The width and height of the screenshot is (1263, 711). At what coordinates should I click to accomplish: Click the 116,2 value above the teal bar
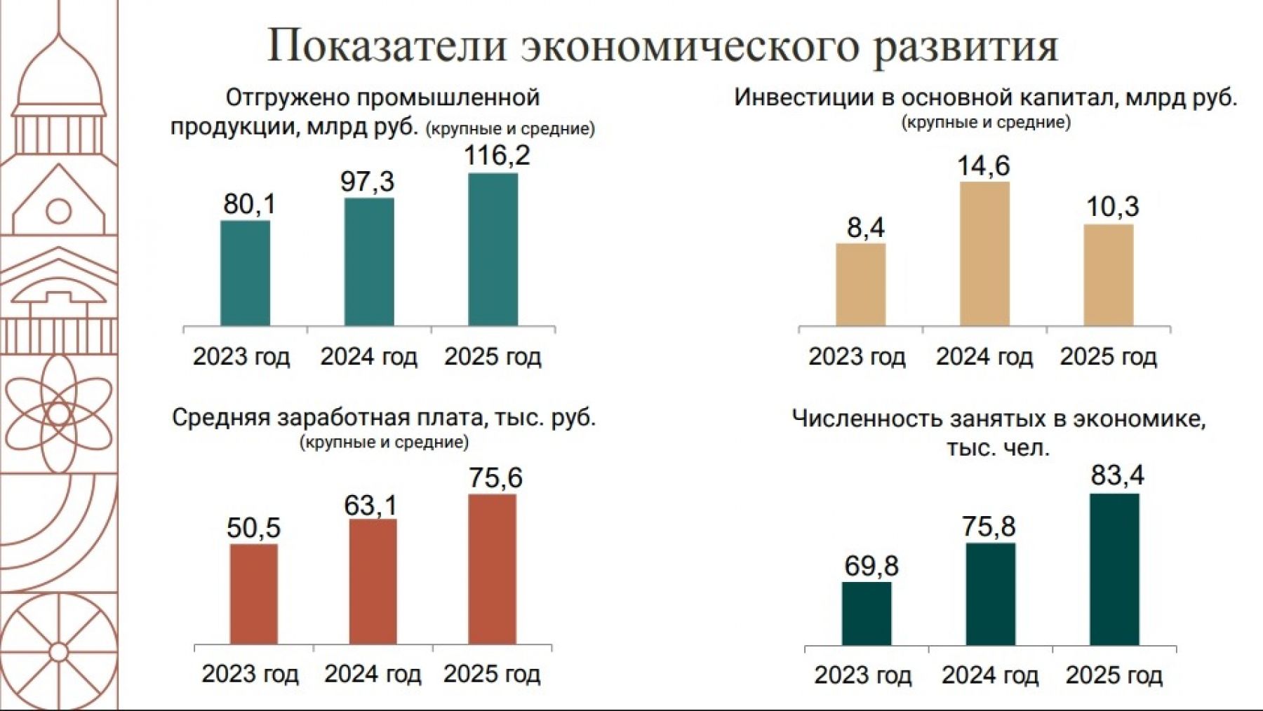click(x=497, y=156)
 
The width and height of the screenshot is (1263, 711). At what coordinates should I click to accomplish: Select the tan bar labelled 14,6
click(x=984, y=253)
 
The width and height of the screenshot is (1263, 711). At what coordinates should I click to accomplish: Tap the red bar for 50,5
click(x=253, y=594)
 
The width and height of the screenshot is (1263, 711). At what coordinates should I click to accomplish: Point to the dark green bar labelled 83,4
click(x=1114, y=569)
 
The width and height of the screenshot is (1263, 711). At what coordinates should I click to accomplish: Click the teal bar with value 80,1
click(x=245, y=273)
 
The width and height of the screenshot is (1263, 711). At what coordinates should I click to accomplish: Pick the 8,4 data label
click(x=866, y=228)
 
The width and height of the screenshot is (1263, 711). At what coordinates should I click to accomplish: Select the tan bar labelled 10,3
click(x=1108, y=275)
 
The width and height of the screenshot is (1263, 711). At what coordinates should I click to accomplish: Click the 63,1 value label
click(x=370, y=506)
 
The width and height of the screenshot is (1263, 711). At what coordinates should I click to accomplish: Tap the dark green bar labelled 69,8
click(x=867, y=613)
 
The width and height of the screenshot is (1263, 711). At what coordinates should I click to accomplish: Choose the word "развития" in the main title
click(x=965, y=46)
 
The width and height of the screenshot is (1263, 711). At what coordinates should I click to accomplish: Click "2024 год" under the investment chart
click(x=984, y=357)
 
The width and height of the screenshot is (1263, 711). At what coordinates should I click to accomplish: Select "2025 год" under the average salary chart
click(x=492, y=674)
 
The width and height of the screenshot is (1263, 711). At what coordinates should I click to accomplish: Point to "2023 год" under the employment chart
click(x=862, y=675)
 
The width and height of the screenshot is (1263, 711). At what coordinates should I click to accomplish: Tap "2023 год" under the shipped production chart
click(x=241, y=357)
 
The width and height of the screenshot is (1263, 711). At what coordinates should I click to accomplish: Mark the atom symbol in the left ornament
click(x=59, y=414)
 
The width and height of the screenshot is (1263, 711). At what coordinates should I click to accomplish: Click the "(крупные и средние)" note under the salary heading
click(x=384, y=442)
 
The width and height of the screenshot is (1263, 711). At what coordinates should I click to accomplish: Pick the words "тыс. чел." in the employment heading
click(x=998, y=447)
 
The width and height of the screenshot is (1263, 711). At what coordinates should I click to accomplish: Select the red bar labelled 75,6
click(x=492, y=569)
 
